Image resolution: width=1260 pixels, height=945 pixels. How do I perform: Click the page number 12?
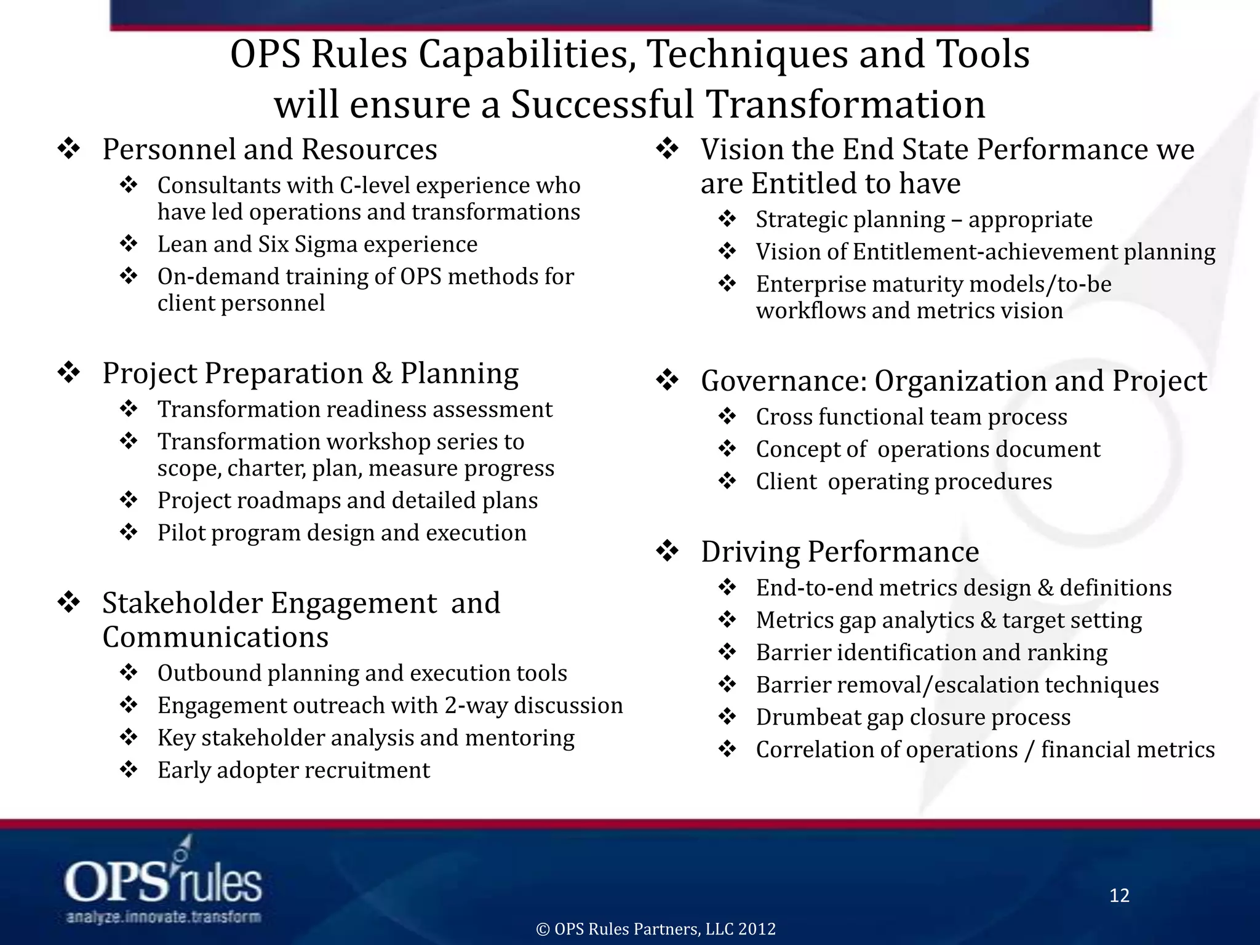click(x=1119, y=895)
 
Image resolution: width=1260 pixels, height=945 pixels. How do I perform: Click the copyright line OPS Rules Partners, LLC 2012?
click(x=656, y=929)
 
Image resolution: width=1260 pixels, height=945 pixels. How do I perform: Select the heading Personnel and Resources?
click(x=269, y=150)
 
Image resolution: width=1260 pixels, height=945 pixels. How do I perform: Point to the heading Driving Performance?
click(x=839, y=551)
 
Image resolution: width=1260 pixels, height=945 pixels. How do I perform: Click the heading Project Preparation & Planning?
click(x=310, y=373)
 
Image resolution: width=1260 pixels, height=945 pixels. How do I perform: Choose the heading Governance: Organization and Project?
click(x=953, y=381)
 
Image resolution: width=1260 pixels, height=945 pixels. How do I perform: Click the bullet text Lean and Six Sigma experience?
click(x=317, y=244)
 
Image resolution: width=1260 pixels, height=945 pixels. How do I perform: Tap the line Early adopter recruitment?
click(x=293, y=770)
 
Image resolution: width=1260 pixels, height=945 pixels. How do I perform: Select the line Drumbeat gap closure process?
click(x=913, y=717)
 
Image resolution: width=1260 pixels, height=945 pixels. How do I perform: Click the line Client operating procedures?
click(x=904, y=482)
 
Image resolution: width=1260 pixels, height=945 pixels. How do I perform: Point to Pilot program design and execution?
click(x=341, y=533)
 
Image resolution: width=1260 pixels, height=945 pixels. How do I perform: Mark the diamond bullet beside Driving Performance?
click(x=667, y=551)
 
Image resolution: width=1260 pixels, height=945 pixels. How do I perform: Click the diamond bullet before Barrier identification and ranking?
click(x=727, y=652)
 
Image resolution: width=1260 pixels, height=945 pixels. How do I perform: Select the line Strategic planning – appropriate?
click(x=923, y=220)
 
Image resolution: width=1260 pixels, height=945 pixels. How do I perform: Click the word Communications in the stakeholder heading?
click(x=215, y=637)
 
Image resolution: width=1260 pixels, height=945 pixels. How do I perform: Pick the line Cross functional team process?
click(x=911, y=417)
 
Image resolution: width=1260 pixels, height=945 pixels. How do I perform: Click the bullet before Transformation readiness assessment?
click(x=129, y=409)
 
